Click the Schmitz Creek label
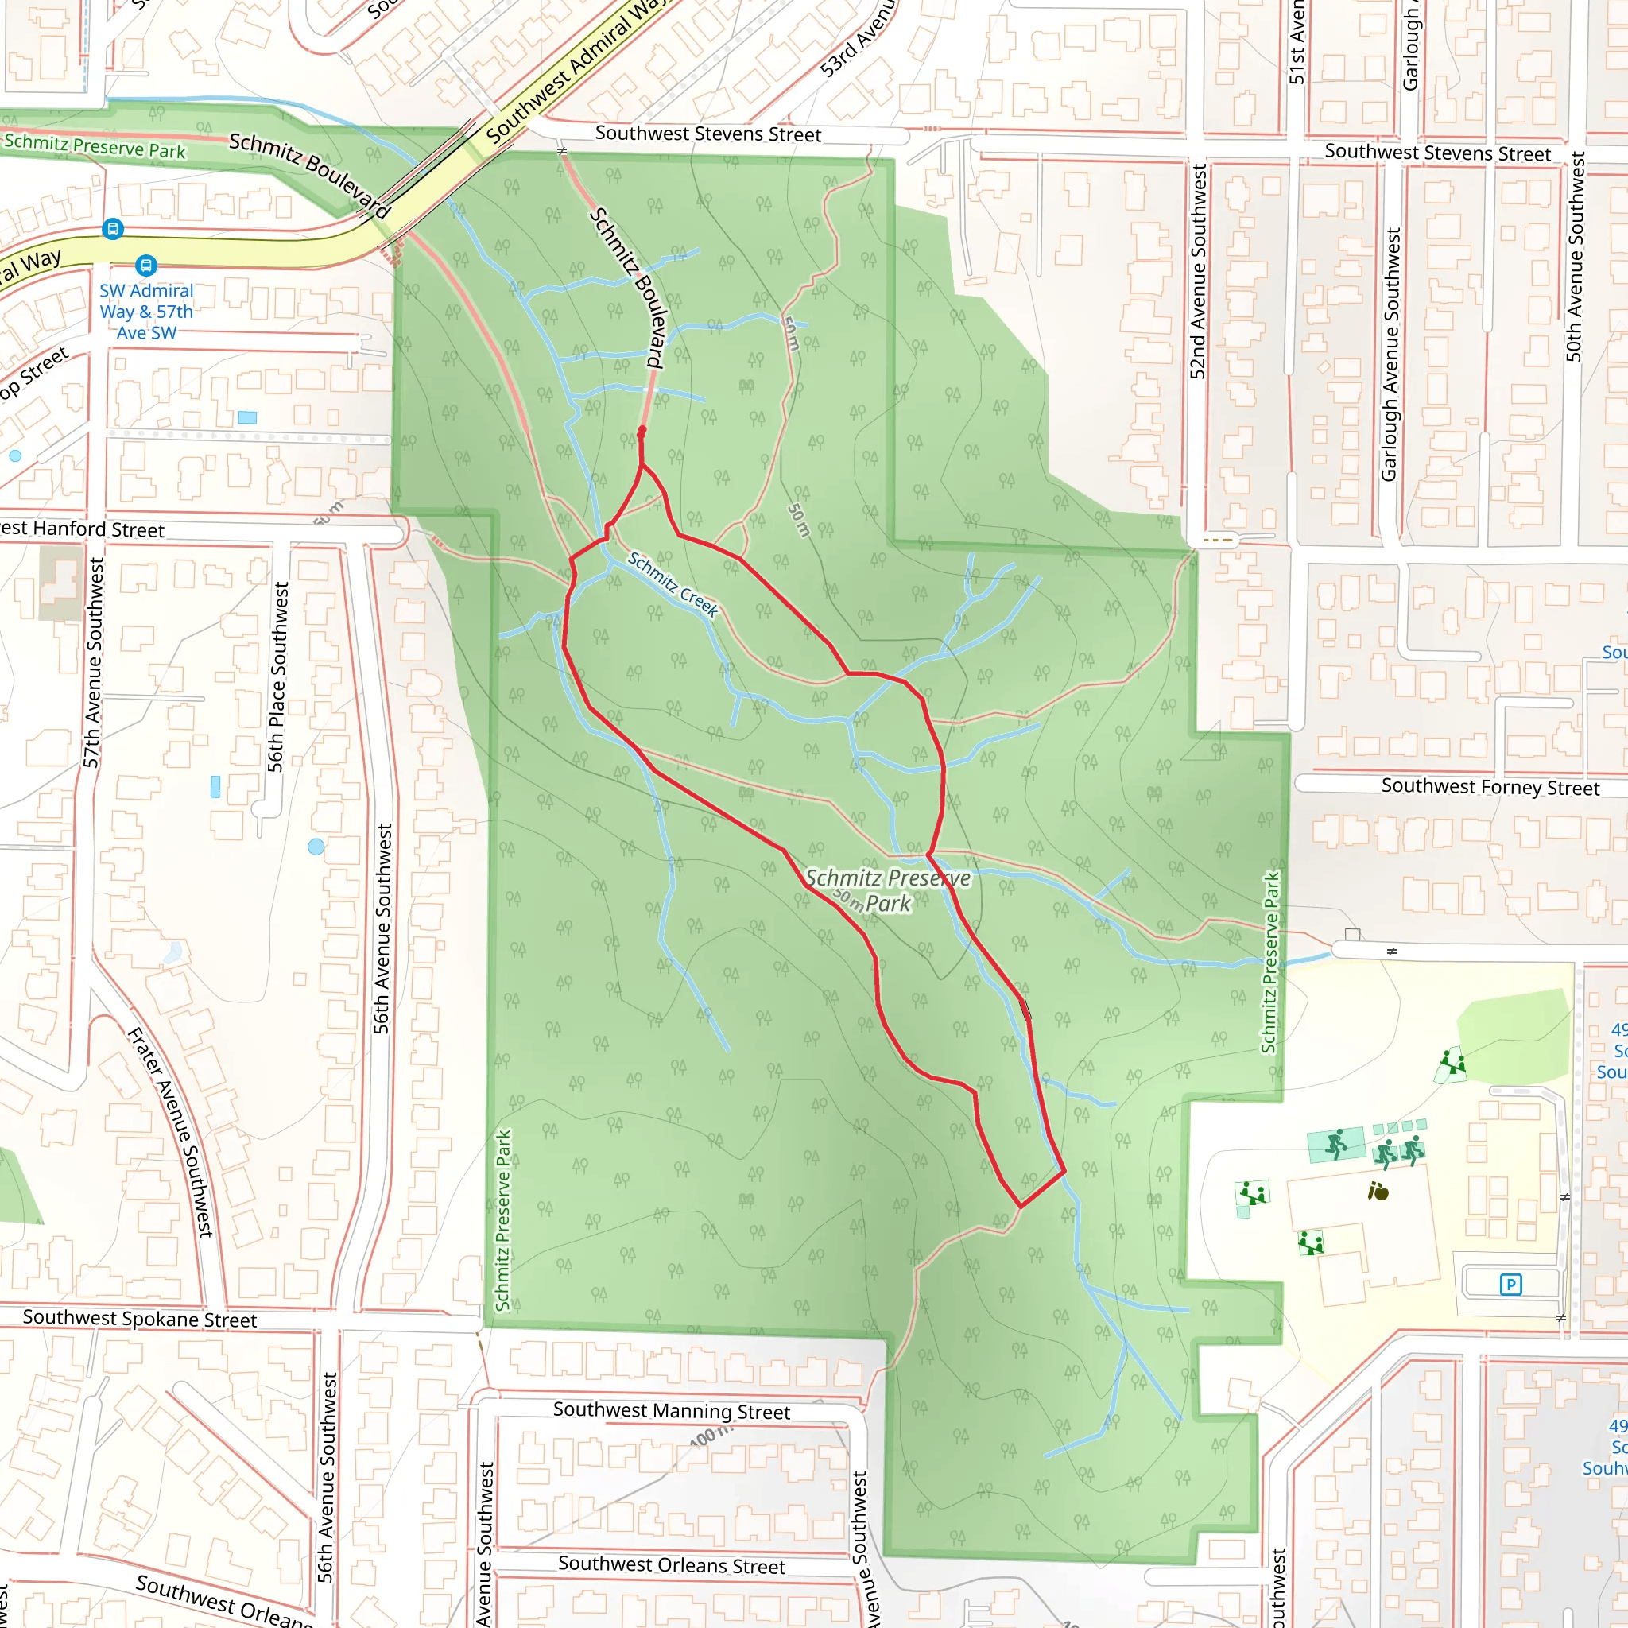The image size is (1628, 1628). point(673,584)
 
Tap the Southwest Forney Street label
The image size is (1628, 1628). point(1490,787)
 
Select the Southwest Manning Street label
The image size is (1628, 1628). point(672,1411)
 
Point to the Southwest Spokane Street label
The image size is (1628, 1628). point(140,1319)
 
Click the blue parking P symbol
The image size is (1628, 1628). point(1511,1285)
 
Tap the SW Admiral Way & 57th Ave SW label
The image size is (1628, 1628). point(146,312)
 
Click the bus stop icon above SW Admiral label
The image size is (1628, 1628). point(146,266)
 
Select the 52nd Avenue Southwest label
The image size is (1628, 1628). point(1198,271)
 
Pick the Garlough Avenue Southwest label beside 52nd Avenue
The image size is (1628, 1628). point(1390,354)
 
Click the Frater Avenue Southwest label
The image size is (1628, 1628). point(170,1132)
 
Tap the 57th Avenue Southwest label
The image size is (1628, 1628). point(93,662)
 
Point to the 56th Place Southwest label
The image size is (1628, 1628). point(278,676)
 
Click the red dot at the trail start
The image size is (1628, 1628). point(642,431)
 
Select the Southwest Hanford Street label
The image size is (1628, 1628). point(83,529)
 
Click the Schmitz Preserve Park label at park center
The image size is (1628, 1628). point(888,890)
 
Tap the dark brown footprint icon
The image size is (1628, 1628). point(1378,1192)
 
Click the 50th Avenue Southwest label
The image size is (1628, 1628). point(1574,256)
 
